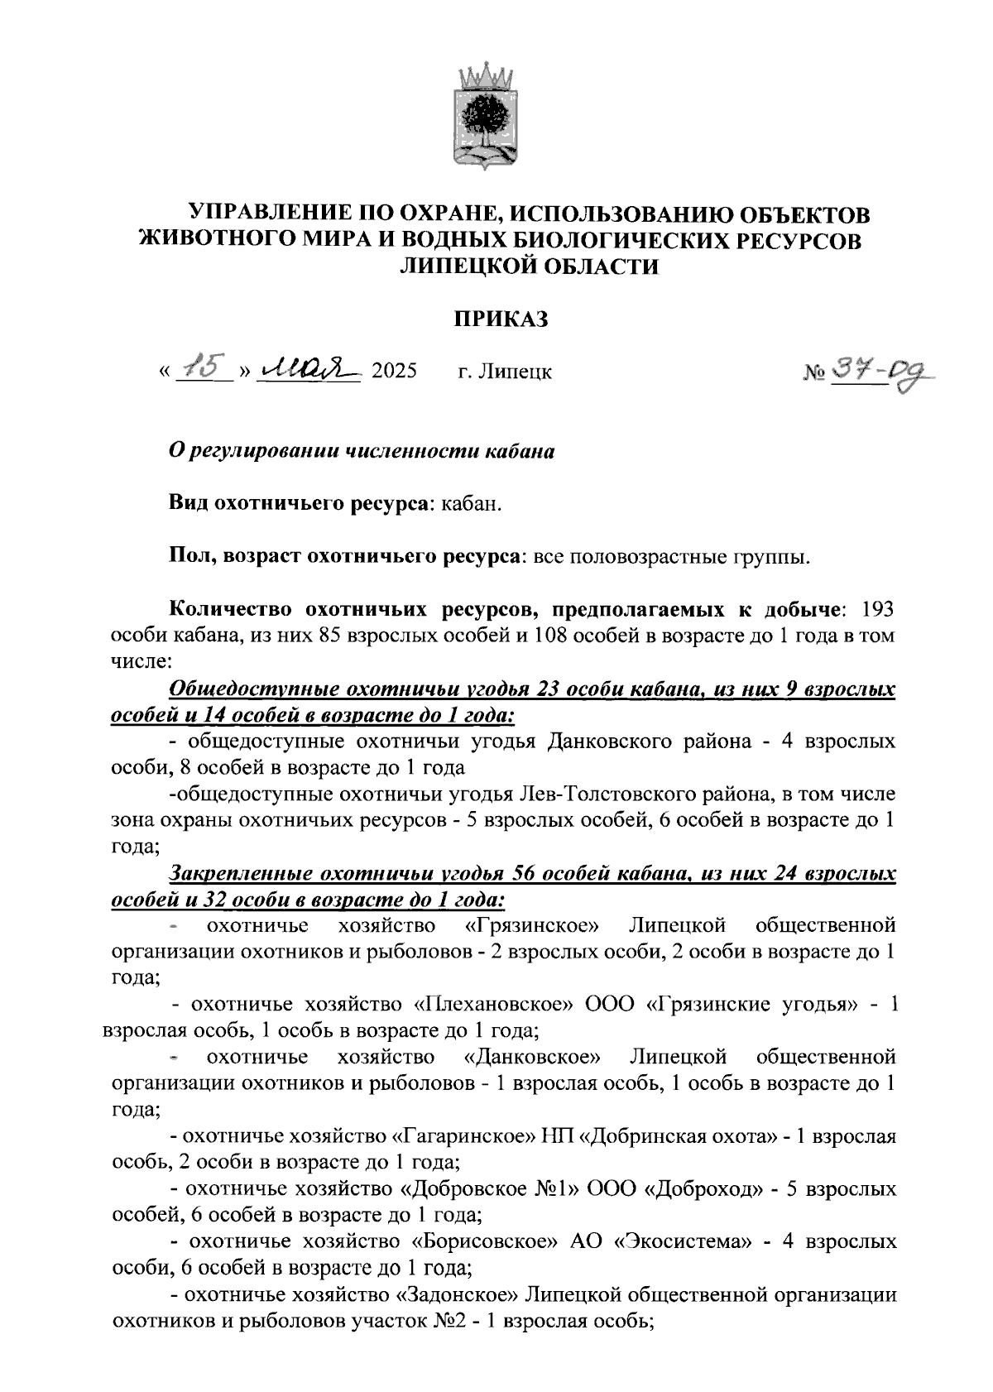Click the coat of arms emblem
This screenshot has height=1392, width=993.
488,117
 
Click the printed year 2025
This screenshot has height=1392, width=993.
394,372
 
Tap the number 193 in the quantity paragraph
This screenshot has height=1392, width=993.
877,610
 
